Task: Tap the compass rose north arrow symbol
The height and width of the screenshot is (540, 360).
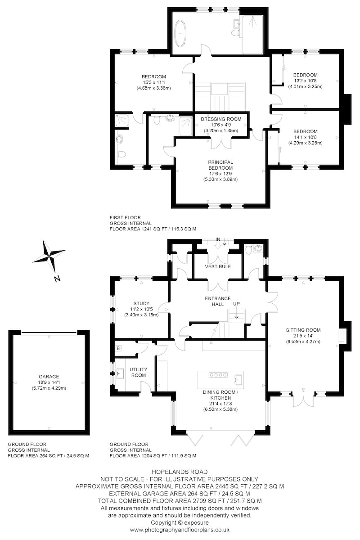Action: pyautogui.click(x=49, y=255)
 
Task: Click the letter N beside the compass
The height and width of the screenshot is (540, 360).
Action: pyautogui.click(x=57, y=279)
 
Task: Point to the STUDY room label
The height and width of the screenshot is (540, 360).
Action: pyautogui.click(x=141, y=303)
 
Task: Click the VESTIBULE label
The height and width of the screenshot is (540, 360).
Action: pyautogui.click(x=218, y=266)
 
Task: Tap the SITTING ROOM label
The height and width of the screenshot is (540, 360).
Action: pyautogui.click(x=303, y=330)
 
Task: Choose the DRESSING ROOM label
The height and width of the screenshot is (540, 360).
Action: pyautogui.click(x=221, y=119)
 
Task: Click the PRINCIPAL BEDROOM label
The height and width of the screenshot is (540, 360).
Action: pyautogui.click(x=220, y=165)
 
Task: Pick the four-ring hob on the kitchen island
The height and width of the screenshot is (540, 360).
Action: pyautogui.click(x=218, y=374)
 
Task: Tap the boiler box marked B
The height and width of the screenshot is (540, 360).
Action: pyautogui.click(x=118, y=348)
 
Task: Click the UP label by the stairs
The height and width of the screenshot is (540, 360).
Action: pyautogui.click(x=236, y=304)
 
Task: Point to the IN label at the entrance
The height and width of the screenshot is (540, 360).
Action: pyautogui.click(x=218, y=239)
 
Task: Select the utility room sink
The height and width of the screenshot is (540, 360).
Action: pyautogui.click(x=120, y=374)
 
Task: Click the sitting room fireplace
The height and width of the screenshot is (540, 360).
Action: pyautogui.click(x=342, y=336)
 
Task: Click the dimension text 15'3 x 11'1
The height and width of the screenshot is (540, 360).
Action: pyautogui.click(x=153, y=82)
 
